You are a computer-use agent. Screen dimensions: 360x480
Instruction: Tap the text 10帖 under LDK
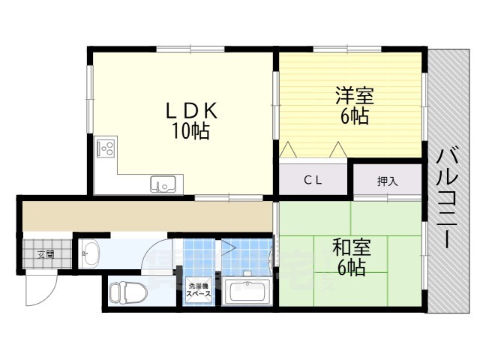tap(190, 132)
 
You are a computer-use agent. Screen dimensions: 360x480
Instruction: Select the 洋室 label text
tap(354, 96)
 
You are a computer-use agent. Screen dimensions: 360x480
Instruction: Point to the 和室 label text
tap(351, 246)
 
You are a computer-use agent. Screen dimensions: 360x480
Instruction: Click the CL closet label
tap(313, 180)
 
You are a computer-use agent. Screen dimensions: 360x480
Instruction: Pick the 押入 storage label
tap(387, 181)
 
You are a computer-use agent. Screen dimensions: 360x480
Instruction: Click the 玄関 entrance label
tap(46, 254)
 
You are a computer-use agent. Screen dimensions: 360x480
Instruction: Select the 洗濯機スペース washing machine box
tap(199, 291)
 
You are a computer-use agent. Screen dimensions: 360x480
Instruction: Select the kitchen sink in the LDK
tap(163, 183)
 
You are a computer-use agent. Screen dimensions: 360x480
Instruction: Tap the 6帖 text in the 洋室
tap(354, 116)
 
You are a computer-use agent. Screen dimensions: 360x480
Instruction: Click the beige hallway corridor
tap(146, 215)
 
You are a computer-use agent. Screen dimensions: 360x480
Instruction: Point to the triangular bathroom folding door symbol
tap(226, 247)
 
